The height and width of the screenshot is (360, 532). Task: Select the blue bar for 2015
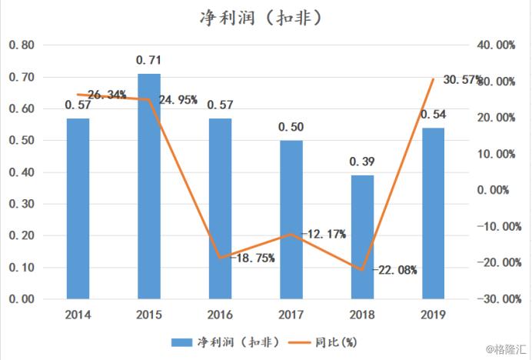pos(148,185)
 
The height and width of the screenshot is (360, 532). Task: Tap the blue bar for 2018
pos(362,236)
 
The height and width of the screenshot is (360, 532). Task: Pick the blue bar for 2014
pos(78,208)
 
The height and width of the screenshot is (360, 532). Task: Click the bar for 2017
pos(291,218)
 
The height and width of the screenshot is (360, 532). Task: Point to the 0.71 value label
pos(148,59)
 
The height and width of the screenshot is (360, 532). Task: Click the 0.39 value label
pos(362,162)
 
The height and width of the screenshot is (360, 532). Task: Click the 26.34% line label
pos(107,95)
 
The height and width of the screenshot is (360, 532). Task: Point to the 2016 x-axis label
pos(220,315)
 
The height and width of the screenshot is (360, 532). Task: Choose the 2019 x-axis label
pos(433,315)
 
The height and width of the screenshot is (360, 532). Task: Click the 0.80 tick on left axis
pos(22,45)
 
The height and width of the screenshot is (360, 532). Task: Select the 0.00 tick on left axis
pos(22,298)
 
